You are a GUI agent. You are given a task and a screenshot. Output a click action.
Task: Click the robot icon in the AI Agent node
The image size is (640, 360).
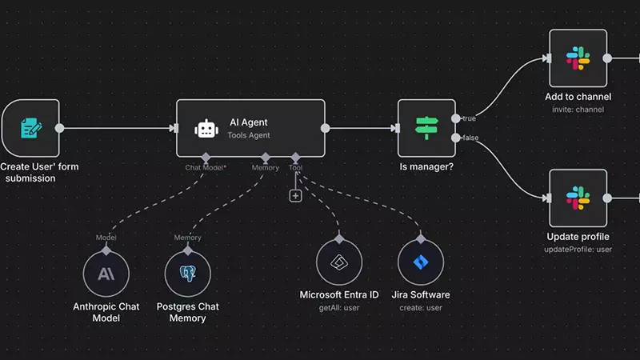point(206,129)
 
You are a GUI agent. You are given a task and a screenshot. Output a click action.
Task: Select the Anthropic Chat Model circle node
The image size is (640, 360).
point(106,274)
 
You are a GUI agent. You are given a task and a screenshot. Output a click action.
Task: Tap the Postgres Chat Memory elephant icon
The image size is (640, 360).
point(188,274)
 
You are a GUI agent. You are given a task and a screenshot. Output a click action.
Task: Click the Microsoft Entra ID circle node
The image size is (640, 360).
point(339,262)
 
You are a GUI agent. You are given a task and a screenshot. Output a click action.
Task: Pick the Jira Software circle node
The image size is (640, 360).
point(421,262)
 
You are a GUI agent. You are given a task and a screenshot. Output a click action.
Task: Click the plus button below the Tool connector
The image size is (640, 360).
point(295,195)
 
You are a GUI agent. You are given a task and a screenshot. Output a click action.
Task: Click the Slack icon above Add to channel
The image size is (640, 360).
point(578,58)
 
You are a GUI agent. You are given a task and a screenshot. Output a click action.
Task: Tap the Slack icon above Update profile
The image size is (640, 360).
point(578,198)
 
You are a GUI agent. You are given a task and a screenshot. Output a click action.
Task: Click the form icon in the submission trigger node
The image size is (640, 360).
point(30,128)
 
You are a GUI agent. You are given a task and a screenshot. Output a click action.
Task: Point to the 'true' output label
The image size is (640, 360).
point(469,118)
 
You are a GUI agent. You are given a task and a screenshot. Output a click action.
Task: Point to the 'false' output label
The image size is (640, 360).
point(470,138)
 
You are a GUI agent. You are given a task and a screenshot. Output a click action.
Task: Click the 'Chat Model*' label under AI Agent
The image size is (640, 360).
point(206,167)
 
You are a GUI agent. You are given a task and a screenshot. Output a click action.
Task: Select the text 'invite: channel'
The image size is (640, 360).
point(578,109)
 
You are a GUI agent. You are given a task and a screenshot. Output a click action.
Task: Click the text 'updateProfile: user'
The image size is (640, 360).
point(578,250)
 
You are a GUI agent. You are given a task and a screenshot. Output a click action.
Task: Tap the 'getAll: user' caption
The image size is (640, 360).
point(339,307)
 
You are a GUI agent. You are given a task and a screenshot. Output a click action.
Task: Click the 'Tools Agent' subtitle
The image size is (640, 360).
point(249,135)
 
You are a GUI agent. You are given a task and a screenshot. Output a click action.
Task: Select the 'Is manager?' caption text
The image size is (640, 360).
point(426,168)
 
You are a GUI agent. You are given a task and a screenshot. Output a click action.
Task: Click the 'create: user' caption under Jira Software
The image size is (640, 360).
point(421,307)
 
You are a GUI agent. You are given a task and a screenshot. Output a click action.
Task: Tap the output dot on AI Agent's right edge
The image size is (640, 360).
point(325,128)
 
